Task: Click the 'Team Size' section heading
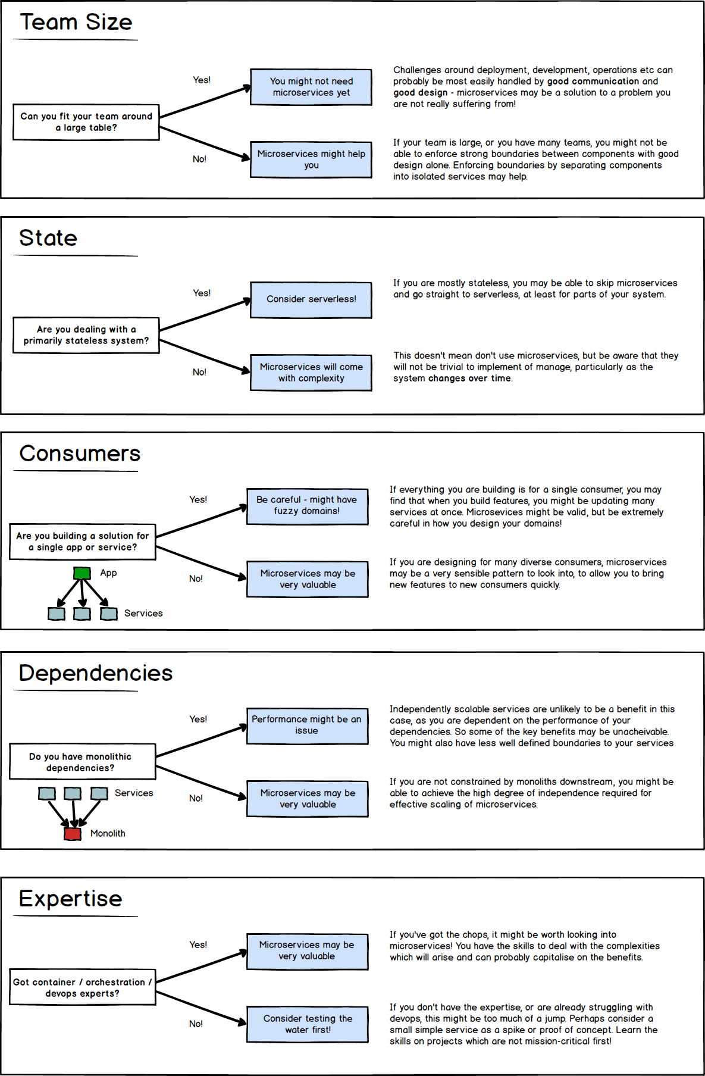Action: pos(76,22)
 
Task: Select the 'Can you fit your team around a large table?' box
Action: pos(86,122)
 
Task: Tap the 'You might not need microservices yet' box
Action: pos(311,87)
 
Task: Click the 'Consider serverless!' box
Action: pos(311,299)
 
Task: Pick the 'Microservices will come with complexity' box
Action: pos(311,373)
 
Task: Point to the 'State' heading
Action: pos(48,238)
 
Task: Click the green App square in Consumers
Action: pos(82,573)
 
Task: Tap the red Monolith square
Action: pos(73,834)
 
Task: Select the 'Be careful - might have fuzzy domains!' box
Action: pos(307,506)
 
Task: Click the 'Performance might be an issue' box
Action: pos(307,725)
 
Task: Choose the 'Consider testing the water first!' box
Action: pos(308,1024)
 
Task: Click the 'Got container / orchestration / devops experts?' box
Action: pos(83,987)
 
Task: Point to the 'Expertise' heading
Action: pos(70,899)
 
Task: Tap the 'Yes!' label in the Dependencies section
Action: pos(198,719)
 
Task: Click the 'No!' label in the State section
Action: pos(199,372)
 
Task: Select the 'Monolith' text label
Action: pos(108,834)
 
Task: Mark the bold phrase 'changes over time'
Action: pos(469,379)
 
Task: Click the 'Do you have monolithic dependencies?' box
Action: pos(83,762)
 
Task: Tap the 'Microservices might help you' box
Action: pos(311,159)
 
